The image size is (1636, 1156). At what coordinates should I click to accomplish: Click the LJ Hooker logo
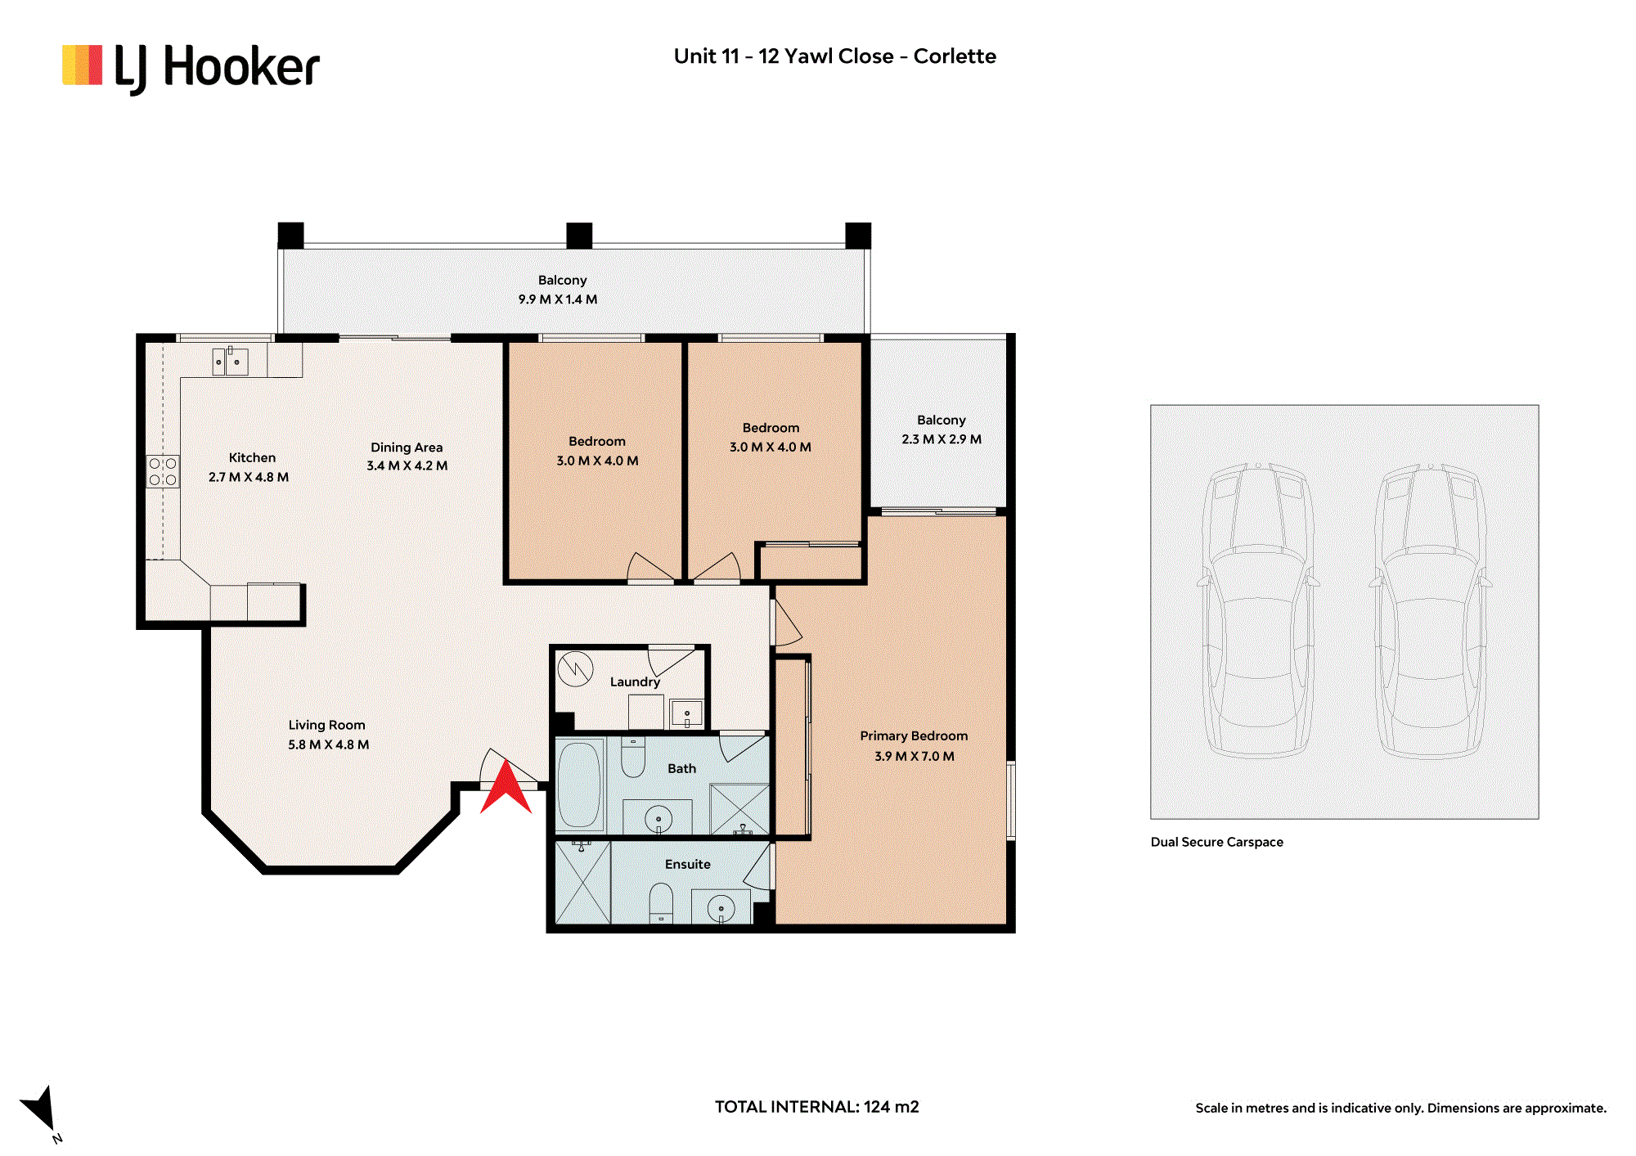(191, 68)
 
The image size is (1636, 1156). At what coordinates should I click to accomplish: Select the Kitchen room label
(252, 457)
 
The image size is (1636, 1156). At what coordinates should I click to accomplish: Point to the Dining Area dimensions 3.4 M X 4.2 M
(407, 466)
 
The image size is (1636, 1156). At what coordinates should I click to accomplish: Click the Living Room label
(326, 725)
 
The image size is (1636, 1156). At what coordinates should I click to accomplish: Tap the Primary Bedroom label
(914, 736)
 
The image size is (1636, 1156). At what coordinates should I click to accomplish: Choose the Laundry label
(635, 681)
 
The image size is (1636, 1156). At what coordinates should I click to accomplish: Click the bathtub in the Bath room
(580, 785)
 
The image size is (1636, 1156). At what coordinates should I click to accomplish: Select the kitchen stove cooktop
(163, 472)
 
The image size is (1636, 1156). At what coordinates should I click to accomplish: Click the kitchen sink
(231, 362)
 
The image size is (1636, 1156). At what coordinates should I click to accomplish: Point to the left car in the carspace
(1259, 609)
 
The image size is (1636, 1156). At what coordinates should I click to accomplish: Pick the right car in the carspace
(1431, 609)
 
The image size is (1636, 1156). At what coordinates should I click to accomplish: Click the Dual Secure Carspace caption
(1217, 842)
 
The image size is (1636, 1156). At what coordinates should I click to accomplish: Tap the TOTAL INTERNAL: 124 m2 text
(817, 1107)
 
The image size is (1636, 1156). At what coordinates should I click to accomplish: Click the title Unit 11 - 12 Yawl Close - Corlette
(835, 56)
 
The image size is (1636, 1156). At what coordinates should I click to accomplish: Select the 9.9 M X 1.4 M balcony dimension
(558, 299)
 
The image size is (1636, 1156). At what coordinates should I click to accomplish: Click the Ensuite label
(688, 864)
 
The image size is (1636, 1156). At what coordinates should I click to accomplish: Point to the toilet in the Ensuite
(661, 904)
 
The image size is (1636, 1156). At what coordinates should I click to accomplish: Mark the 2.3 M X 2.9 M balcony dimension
(942, 439)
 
